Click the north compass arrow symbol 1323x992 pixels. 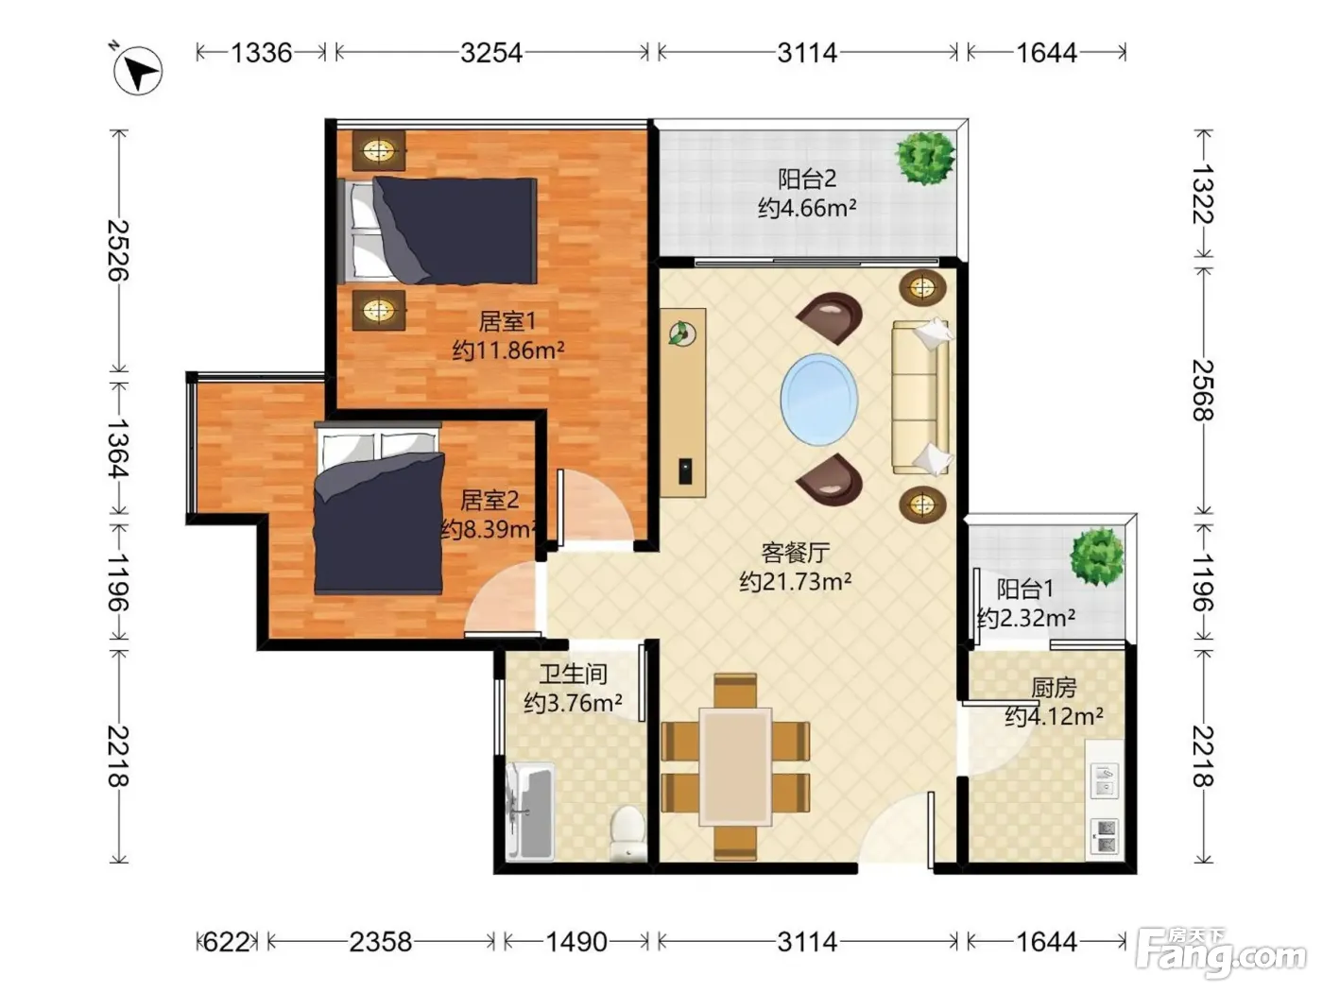(137, 70)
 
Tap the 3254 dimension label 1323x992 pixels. (491, 53)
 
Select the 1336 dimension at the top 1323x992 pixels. (261, 53)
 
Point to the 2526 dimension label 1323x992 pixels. (118, 250)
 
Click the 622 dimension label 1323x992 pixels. (227, 942)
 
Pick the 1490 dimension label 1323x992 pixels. (576, 942)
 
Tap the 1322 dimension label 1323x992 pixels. (1203, 194)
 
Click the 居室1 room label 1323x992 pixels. (507, 321)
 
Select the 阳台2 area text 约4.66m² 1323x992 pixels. (807, 208)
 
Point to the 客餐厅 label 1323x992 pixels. (796, 552)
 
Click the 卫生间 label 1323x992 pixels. (573, 674)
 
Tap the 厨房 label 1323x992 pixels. (1054, 687)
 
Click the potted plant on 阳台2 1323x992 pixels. (925, 157)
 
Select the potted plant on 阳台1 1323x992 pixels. (1097, 556)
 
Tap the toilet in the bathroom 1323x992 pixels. (628, 832)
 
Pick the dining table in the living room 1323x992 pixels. (735, 766)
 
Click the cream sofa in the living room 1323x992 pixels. (921, 397)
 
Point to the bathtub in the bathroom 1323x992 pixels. (530, 810)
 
